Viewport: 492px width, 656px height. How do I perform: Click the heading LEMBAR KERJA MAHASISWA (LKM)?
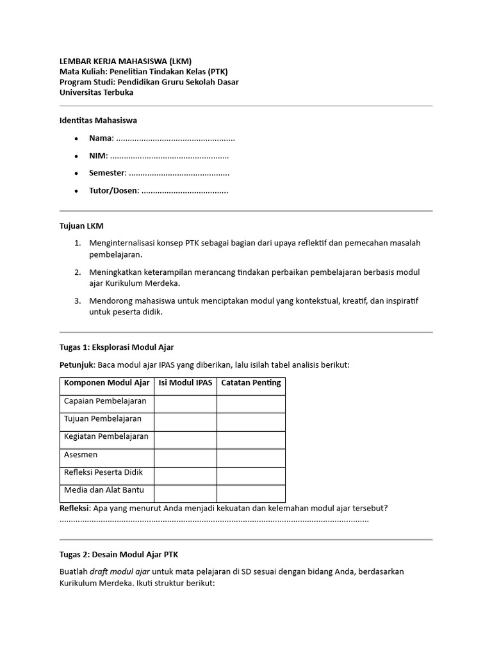click(125, 61)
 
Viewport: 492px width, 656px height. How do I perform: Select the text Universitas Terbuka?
click(97, 92)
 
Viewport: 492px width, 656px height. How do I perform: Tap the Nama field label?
click(101, 138)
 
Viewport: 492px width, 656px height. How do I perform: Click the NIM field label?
click(98, 156)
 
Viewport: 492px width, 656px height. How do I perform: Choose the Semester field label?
click(108, 173)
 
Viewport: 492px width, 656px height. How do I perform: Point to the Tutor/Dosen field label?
click(113, 190)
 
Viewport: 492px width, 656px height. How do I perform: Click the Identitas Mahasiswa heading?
click(98, 120)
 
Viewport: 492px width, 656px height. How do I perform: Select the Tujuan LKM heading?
click(81, 225)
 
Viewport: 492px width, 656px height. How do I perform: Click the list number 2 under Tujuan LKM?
click(76, 272)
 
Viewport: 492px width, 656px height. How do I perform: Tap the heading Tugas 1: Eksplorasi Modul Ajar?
click(117, 347)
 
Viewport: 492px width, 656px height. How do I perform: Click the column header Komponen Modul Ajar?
click(106, 384)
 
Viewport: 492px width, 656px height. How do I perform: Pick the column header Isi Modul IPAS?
click(185, 384)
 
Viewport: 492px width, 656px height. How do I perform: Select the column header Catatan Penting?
click(250, 384)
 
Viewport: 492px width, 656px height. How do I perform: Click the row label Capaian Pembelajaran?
click(105, 402)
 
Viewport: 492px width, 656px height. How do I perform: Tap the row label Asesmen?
click(81, 455)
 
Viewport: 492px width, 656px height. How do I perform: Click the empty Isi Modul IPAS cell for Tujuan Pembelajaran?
click(185, 422)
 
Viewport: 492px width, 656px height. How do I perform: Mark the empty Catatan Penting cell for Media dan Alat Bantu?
click(250, 493)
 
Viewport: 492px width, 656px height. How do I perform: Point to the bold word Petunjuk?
click(77, 365)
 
